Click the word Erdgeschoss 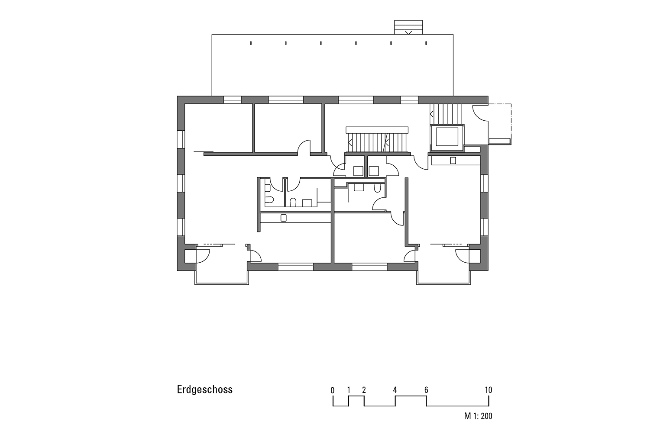coord(204,389)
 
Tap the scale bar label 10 coord(489,390)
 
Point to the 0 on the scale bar coord(333,390)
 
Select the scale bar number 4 coord(395,390)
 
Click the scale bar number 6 coord(426,390)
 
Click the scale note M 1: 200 coord(478,416)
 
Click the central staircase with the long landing coord(377,140)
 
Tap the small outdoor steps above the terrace coord(408,27)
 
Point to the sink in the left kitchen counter coord(283,218)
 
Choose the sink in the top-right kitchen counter coord(453,161)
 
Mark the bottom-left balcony coord(222,273)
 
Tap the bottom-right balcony coord(444,273)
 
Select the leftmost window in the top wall coord(232,100)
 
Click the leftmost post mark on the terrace coord(251,43)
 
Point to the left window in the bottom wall coord(295,267)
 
